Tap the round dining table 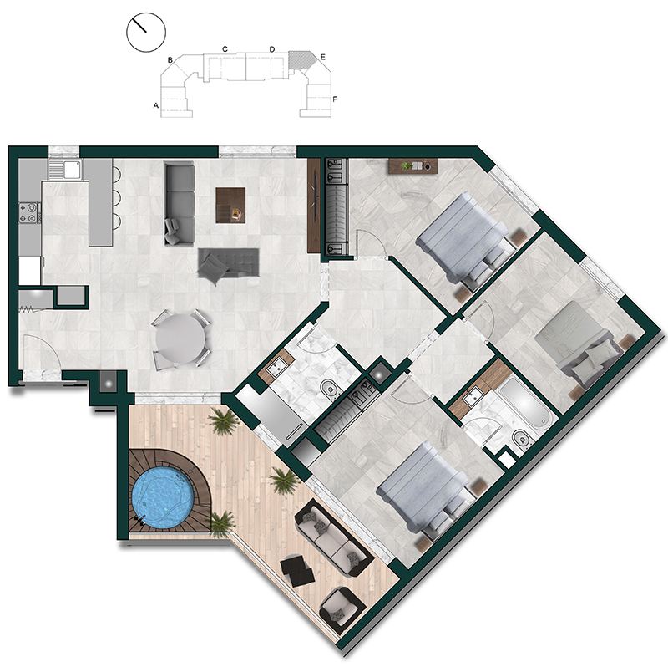coord(180,339)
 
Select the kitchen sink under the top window coord(64,170)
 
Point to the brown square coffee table coord(230,205)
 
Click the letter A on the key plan coord(156,105)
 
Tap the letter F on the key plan coord(335,99)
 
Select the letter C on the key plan coord(225,49)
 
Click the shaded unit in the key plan coord(301,60)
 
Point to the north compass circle coord(146,33)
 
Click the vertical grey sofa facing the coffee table coord(180,205)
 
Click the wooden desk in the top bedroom coord(413,165)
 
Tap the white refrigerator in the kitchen coord(30,270)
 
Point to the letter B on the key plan coord(170,60)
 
